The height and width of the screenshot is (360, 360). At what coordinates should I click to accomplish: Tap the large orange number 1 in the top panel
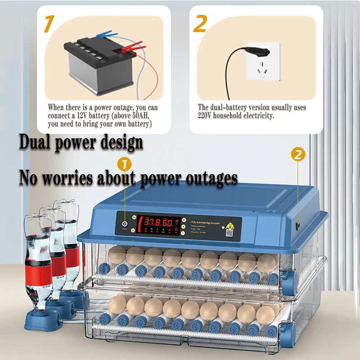coord(49,23)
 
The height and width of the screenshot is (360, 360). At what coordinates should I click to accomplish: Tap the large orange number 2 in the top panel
coord(200,23)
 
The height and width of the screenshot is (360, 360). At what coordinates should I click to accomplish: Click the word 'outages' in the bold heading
coord(211,179)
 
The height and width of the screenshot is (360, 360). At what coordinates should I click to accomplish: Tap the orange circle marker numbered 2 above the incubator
coord(297,155)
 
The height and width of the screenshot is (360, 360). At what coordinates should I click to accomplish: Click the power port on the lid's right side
coord(297,224)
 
